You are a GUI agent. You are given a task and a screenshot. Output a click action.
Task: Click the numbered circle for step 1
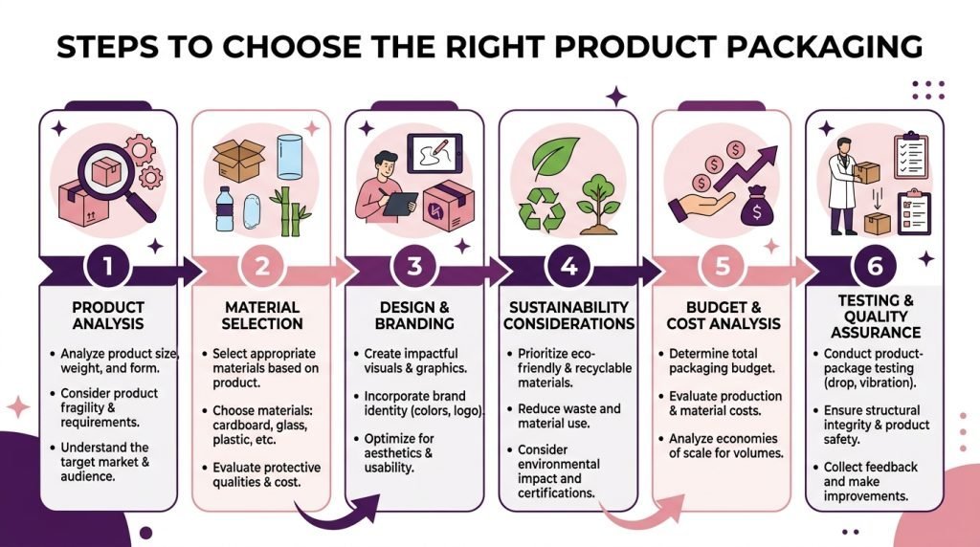point(108,267)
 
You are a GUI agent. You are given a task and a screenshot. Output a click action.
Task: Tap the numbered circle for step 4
point(568,267)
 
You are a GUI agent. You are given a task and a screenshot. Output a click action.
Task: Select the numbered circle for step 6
point(875,267)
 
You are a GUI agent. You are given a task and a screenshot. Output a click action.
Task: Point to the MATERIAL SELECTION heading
point(262,316)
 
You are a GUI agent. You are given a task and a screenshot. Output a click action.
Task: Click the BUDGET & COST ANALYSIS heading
point(724,316)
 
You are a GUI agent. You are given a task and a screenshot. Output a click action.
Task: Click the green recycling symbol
point(542,208)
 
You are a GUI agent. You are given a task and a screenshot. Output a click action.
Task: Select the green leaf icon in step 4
point(556,158)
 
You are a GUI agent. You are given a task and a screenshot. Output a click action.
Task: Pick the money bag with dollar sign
point(756,207)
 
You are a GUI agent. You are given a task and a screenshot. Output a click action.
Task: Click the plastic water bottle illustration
point(224,208)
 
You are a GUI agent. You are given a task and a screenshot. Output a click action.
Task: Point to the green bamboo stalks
point(290,211)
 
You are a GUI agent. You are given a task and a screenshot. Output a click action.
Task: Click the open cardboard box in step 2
point(238,160)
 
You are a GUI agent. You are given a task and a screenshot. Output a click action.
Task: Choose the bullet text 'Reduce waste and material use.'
point(568,416)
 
